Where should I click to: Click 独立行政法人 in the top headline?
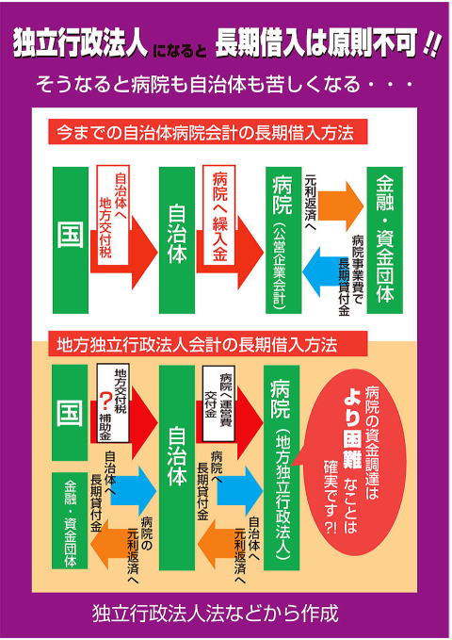click(79, 42)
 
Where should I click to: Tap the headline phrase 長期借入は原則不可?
click(316, 42)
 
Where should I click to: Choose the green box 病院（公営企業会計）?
click(283, 240)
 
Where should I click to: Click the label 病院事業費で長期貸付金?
click(350, 275)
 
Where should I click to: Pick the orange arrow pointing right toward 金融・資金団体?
click(341, 206)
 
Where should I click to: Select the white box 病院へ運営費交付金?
click(218, 403)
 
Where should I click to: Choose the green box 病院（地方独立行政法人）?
click(282, 468)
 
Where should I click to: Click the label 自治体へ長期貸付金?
click(104, 491)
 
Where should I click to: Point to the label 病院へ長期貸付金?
click(210, 485)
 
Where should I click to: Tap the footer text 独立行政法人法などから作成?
click(216, 614)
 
